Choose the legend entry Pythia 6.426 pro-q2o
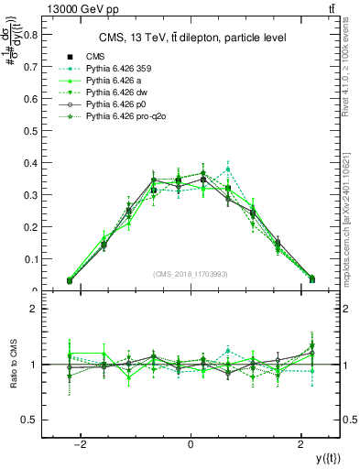(128, 131)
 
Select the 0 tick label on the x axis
(191, 443)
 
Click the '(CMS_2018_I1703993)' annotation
(191, 273)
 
